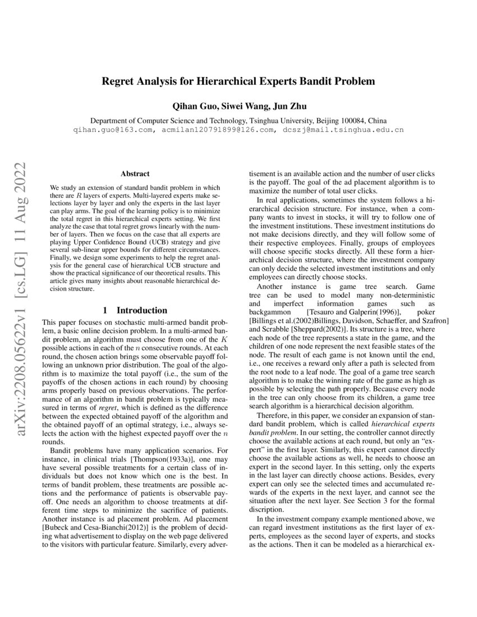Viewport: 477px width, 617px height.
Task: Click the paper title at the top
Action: click(238, 81)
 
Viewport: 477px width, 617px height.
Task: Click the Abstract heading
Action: click(135, 174)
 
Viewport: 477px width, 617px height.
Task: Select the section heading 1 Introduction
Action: click(135, 310)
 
